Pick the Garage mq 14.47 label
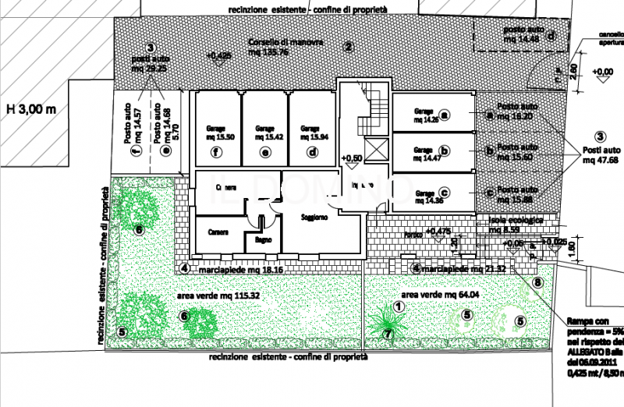pos(424,153)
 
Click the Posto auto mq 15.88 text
pos(518,193)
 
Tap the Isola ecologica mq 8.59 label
pos(515,225)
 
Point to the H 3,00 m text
pos(31,108)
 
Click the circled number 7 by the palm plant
pos(387,333)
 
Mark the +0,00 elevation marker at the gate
pos(602,73)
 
